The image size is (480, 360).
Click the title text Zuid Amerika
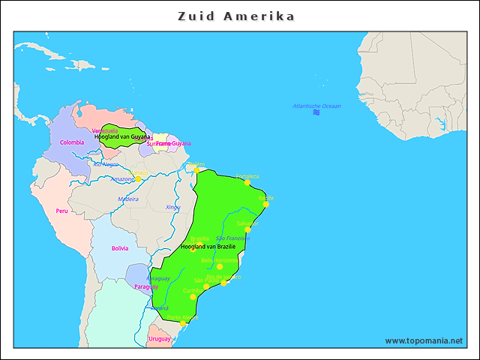(237, 16)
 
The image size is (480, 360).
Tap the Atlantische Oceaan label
(316, 106)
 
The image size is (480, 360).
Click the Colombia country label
(72, 142)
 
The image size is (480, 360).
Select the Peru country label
(61, 211)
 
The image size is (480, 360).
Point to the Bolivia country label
(120, 248)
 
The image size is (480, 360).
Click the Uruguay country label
(160, 339)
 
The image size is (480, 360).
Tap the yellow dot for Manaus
(138, 178)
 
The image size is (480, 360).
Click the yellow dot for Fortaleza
(247, 182)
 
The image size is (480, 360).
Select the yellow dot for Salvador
(247, 229)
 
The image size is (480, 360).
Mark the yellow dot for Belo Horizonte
(219, 266)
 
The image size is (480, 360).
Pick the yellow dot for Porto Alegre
(181, 323)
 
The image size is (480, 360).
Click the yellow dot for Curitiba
(193, 296)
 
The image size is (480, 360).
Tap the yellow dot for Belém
(196, 169)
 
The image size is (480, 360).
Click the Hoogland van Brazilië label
(208, 246)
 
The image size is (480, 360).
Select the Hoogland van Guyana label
(122, 137)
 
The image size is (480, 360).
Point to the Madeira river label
(127, 199)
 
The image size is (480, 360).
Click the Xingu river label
(172, 207)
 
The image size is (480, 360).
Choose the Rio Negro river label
(106, 163)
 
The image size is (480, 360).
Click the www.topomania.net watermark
(424, 340)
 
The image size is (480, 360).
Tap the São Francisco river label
(233, 238)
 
